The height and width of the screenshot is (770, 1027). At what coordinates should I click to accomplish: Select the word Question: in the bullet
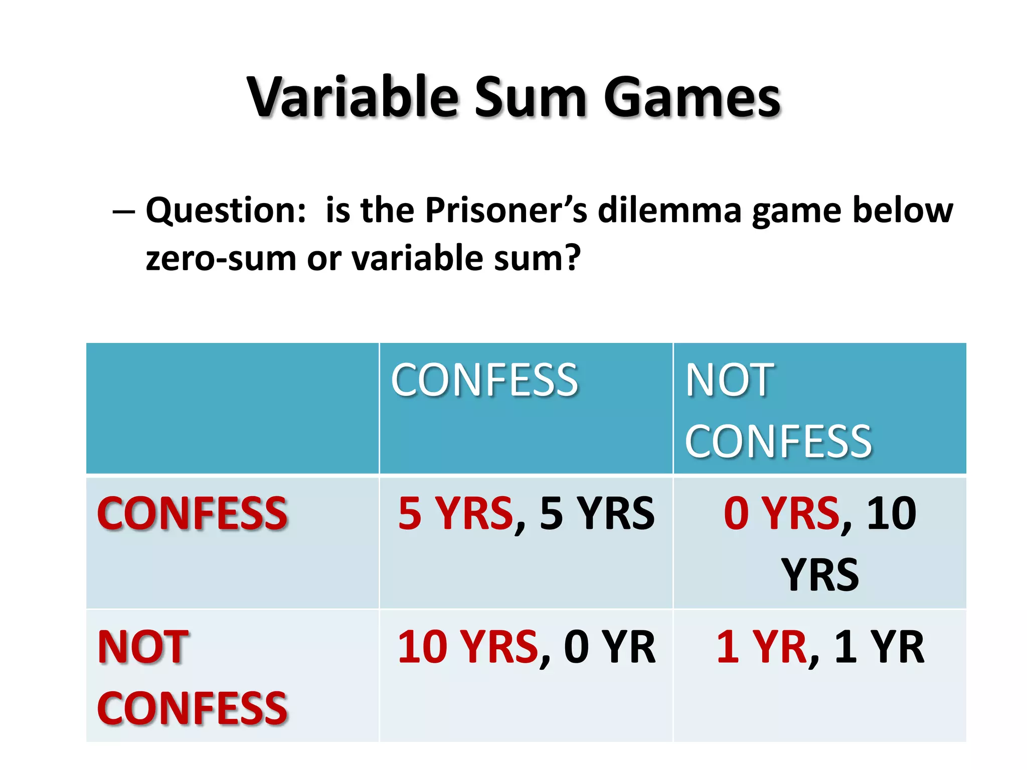[226, 211]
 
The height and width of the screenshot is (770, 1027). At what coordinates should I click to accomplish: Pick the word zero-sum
[221, 259]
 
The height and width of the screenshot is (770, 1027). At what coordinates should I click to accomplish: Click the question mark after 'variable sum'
[572, 258]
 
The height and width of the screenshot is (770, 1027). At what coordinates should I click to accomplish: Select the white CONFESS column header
[484, 380]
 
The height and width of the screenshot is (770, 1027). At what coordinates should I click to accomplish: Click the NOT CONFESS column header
[778, 410]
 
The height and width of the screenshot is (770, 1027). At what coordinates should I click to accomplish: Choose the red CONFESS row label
[192, 513]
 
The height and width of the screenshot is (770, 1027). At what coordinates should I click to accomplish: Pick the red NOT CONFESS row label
[192, 677]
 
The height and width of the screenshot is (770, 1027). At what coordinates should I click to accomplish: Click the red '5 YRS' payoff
[455, 513]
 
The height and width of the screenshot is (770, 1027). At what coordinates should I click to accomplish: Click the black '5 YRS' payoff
[597, 513]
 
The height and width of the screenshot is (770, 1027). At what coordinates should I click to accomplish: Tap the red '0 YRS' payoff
[781, 513]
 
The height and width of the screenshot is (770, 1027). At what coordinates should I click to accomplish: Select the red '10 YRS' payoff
[468, 647]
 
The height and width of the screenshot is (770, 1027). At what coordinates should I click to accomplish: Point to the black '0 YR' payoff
[609, 647]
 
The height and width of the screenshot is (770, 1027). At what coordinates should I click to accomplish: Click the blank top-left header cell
[232, 408]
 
